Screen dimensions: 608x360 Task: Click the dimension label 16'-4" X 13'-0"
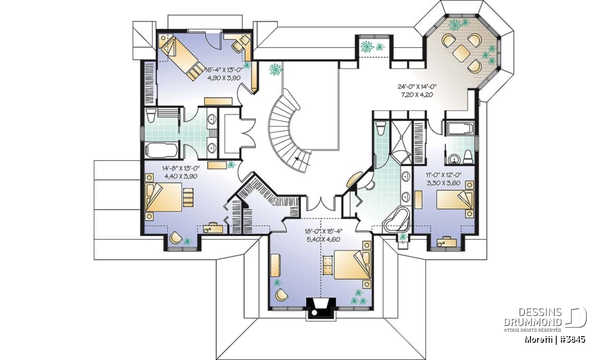point(223,70)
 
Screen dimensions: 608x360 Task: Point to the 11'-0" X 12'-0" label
point(443,175)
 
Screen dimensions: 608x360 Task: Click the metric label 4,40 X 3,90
point(181,176)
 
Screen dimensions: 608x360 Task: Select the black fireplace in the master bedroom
point(321,307)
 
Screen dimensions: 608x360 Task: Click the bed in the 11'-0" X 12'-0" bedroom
point(455,199)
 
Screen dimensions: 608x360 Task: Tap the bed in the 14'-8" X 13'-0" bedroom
point(164,197)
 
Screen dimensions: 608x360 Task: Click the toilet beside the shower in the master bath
point(381,128)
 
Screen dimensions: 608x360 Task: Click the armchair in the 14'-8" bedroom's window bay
point(176,238)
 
